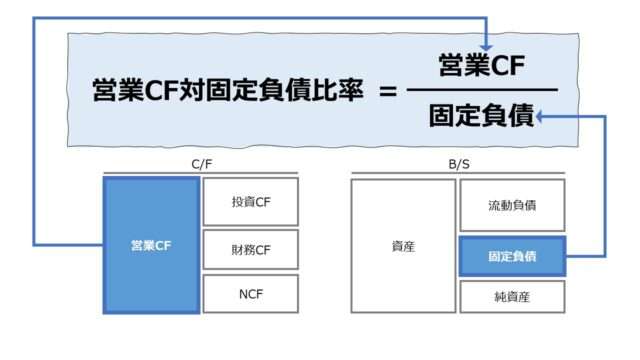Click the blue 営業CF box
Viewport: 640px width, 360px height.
coord(150,245)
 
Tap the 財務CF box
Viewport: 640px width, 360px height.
coord(250,250)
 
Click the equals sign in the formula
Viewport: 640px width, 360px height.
coord(389,90)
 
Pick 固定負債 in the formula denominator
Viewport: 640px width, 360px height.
coord(482,116)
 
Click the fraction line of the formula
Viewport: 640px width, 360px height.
coord(482,90)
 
